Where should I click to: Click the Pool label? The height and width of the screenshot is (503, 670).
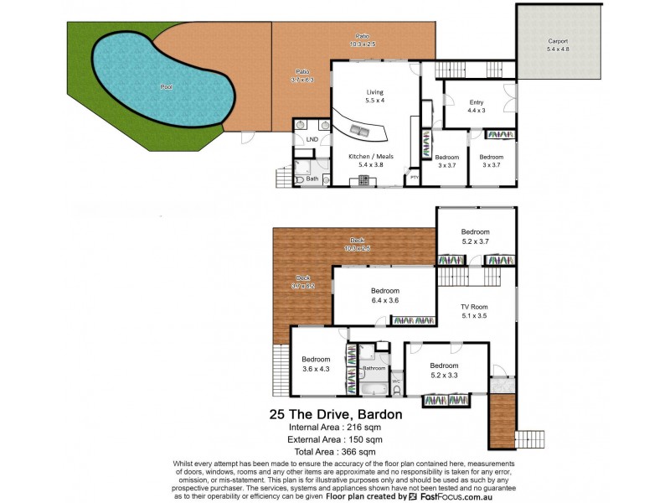coord(167,86)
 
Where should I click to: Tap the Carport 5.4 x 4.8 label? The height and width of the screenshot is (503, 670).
coord(558,44)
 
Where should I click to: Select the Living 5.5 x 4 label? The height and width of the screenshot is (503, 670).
coord(374,96)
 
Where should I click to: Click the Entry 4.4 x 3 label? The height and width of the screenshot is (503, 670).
coord(476,106)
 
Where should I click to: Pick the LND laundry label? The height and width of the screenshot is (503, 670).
coord(312,138)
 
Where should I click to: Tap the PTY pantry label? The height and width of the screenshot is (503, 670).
coord(414,177)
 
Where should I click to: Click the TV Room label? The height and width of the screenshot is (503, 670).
coord(474,312)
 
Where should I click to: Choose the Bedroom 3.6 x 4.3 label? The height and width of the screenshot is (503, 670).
coord(317,364)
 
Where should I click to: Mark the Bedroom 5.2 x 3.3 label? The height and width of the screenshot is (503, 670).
coord(445,371)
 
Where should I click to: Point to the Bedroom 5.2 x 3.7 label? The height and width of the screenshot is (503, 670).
coord(475,236)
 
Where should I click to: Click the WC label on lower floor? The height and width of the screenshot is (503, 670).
coord(396,382)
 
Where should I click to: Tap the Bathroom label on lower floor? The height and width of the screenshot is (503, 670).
coord(374,368)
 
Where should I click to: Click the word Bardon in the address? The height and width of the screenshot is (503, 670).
coord(379,413)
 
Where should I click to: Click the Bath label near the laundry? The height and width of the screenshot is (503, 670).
coord(312,179)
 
